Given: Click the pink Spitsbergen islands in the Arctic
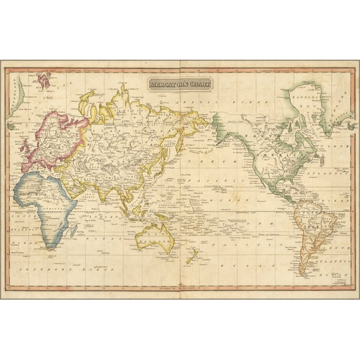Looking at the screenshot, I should pyautogui.click(x=45, y=80).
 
